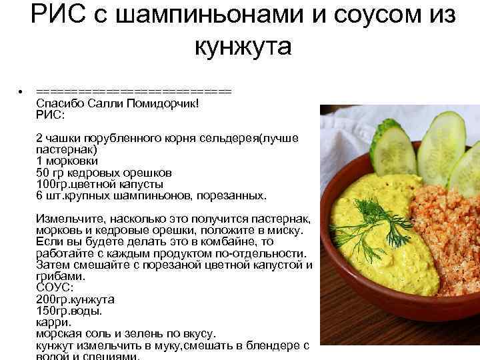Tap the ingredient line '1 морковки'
pyautogui.click(x=67, y=161)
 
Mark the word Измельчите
pyautogui.click(x=66, y=219)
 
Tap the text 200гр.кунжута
pyautogui.click(x=75, y=299)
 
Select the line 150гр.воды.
pyautogui.click(x=69, y=310)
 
